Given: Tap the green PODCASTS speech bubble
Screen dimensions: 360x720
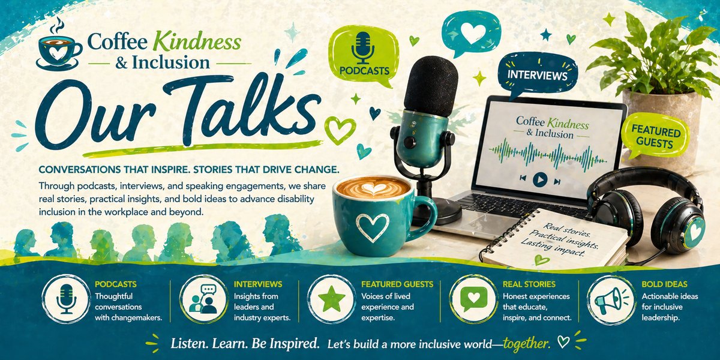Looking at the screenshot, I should click(363, 55).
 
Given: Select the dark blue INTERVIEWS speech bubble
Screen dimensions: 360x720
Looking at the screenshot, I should click(538, 76).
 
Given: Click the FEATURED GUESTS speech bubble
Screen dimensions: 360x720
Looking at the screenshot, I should click(655, 138).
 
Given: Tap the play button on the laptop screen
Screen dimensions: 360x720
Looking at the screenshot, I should click(539, 179).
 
